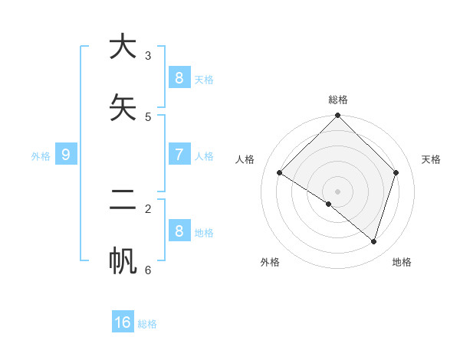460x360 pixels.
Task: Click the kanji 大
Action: [x=123, y=47]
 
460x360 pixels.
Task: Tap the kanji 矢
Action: [x=123, y=108]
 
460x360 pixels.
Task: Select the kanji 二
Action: [x=123, y=200]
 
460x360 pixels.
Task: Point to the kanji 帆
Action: [x=123, y=261]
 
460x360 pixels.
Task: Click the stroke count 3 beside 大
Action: [x=148, y=56]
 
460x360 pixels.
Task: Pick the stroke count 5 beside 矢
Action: [x=148, y=117]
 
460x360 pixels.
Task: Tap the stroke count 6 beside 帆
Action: [x=148, y=270]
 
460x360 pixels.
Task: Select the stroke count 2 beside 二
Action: [x=148, y=208]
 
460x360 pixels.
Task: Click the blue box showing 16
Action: [x=123, y=322]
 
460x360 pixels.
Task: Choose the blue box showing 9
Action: [x=66, y=155]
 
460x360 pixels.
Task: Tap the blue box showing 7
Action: [x=179, y=155]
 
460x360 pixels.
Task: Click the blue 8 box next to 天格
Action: [x=179, y=78]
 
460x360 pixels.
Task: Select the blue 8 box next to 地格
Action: [x=179, y=231]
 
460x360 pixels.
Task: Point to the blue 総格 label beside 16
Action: [x=147, y=324]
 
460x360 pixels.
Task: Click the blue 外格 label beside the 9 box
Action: [x=41, y=156]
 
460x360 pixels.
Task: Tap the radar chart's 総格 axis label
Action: [x=338, y=100]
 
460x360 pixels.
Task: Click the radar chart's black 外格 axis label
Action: [x=270, y=262]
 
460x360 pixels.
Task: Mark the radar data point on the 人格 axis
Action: [x=280, y=173]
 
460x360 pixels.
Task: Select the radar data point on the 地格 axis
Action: [x=373, y=241]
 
